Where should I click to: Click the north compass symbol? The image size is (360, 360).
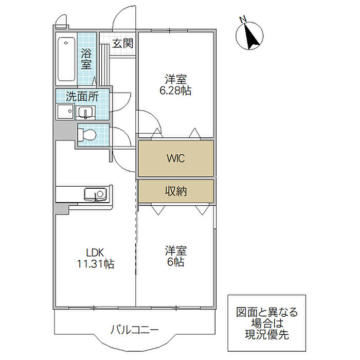coord(250,35)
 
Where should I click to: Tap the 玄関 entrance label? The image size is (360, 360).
coord(123,43)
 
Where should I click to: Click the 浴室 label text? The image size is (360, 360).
coord(86,59)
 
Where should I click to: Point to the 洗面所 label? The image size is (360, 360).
coord(82,96)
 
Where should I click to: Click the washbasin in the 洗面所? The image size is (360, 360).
coord(85,112)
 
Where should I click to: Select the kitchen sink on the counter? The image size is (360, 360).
coord(95,195)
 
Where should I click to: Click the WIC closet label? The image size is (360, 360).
coord(175,158)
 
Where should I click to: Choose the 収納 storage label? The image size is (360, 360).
coord(175,191)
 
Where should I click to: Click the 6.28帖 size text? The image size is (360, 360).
coord(175,91)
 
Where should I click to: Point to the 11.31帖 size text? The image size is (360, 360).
coord(95,264)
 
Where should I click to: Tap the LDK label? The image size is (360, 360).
coord(95,253)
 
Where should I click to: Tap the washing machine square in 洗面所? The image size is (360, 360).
coord(64,112)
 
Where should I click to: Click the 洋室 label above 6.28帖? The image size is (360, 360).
coord(175,80)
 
